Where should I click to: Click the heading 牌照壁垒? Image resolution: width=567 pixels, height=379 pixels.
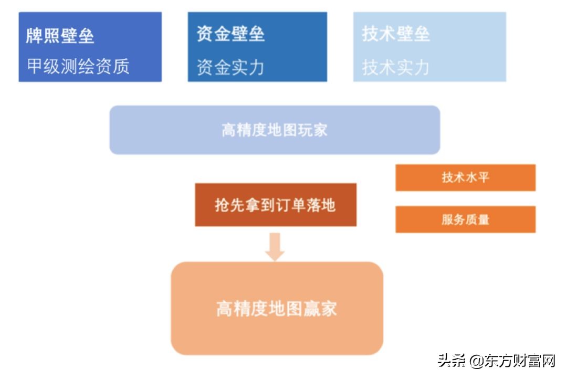(x=60, y=36)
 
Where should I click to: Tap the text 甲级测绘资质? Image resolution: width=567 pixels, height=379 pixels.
(x=78, y=67)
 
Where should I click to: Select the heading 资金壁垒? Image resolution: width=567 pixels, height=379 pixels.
(x=230, y=34)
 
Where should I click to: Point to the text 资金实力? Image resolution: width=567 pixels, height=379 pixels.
(x=230, y=67)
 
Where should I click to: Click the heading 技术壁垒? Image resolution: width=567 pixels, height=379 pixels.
(x=396, y=34)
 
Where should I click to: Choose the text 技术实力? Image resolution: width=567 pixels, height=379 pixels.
(x=396, y=67)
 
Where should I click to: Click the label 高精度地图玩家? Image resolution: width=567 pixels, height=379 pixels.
(x=274, y=130)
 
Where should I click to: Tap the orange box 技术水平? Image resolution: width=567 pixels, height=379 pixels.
(x=465, y=177)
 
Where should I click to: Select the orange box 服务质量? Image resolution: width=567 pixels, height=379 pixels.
(x=465, y=219)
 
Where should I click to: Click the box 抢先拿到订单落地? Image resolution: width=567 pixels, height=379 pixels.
(x=275, y=205)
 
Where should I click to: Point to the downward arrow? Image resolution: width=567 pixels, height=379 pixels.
(x=275, y=247)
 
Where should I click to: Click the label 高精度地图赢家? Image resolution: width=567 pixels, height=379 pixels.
(x=277, y=308)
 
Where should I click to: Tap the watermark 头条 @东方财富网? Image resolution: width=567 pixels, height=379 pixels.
(x=496, y=361)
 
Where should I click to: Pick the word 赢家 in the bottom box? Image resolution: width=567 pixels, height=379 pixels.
(x=321, y=308)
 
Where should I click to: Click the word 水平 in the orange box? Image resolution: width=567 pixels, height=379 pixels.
(x=477, y=177)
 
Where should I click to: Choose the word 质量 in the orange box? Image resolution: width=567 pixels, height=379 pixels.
(x=477, y=219)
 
